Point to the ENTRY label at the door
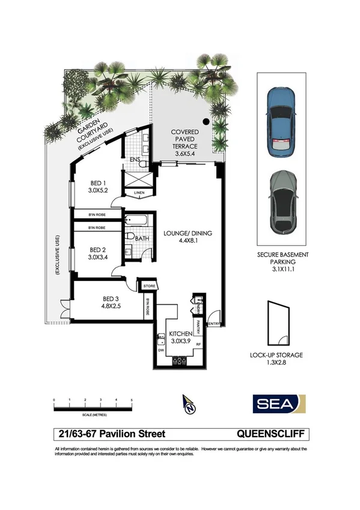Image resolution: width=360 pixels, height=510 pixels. [x=214, y=324]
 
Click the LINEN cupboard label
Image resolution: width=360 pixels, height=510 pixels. [x=139, y=193]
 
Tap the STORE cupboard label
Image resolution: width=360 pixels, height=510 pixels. [x=149, y=286]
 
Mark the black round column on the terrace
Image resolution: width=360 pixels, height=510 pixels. [x=206, y=122]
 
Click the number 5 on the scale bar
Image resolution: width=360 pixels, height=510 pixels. [x=132, y=399]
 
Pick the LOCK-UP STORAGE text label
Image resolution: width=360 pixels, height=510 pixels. [x=276, y=355]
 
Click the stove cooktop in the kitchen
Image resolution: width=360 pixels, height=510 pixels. [x=180, y=361]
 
